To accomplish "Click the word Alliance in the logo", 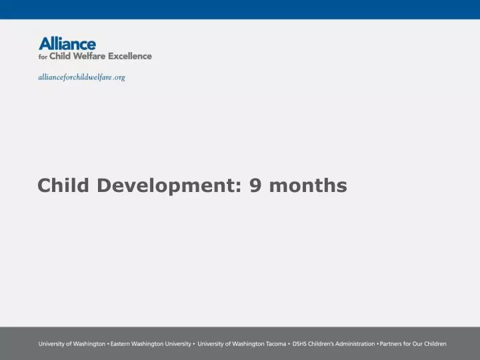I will click(67, 44).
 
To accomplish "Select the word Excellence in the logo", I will click(131, 57).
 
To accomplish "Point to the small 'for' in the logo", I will click(43, 57).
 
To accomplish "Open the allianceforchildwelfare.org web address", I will click(81, 77).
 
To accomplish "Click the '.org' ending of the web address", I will click(119, 77).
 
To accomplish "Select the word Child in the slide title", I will click(64, 185).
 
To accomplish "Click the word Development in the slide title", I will click(170, 185).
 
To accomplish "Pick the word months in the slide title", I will click(309, 185).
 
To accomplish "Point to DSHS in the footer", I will click(299, 344).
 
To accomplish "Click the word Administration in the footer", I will click(354, 344).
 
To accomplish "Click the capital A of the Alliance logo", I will click(45, 44).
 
